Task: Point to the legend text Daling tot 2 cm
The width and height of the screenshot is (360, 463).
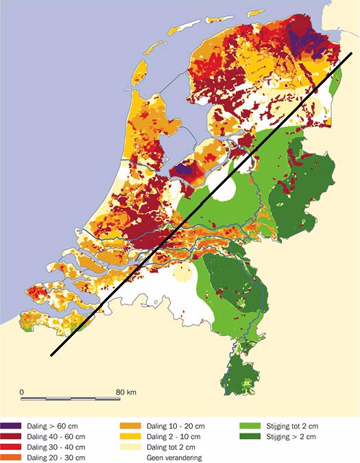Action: tap(171, 447)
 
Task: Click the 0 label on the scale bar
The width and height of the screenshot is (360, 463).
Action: tap(22, 392)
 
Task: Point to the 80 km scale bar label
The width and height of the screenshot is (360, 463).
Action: tap(125, 392)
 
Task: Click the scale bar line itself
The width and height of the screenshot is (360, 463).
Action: tap(72, 398)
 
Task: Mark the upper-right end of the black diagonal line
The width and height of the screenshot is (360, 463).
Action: tap(352, 53)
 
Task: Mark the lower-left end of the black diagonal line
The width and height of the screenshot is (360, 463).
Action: tap(51, 355)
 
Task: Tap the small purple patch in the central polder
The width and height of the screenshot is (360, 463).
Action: tap(182, 168)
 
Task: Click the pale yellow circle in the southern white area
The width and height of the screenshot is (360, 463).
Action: tap(182, 274)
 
